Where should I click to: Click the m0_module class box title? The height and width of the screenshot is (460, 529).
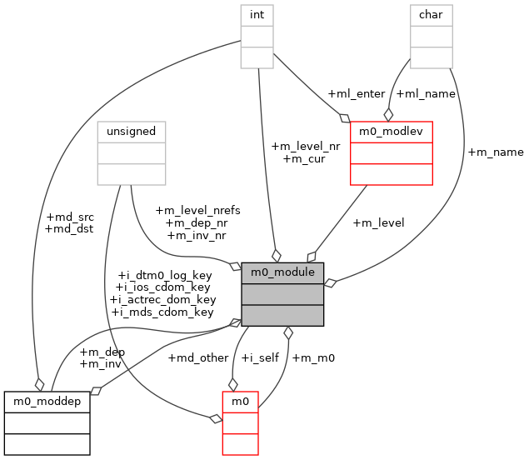click(x=282, y=272)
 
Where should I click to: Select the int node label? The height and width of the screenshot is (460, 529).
click(x=258, y=15)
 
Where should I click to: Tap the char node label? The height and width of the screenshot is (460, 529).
click(x=431, y=15)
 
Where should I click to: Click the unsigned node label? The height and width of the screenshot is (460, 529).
click(x=132, y=132)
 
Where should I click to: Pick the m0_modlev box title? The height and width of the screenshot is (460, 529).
click(x=391, y=132)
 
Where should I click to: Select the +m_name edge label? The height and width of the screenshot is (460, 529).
click(x=496, y=152)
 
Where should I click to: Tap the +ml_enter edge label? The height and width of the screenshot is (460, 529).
click(x=357, y=93)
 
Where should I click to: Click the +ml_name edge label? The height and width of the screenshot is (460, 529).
click(x=427, y=93)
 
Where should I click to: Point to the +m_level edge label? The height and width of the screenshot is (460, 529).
click(x=379, y=222)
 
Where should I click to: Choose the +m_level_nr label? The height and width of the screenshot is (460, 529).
click(x=306, y=146)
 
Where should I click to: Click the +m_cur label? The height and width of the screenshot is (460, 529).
click(x=304, y=158)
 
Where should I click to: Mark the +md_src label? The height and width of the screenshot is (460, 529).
click(x=70, y=217)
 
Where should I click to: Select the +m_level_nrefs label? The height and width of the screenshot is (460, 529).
click(x=197, y=210)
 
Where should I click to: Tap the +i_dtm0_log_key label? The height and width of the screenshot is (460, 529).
click(x=165, y=275)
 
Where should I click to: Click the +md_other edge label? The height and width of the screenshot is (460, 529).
click(x=198, y=357)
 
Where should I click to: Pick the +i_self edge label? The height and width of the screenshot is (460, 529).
click(x=260, y=357)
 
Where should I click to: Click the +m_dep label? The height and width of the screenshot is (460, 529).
click(x=102, y=351)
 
